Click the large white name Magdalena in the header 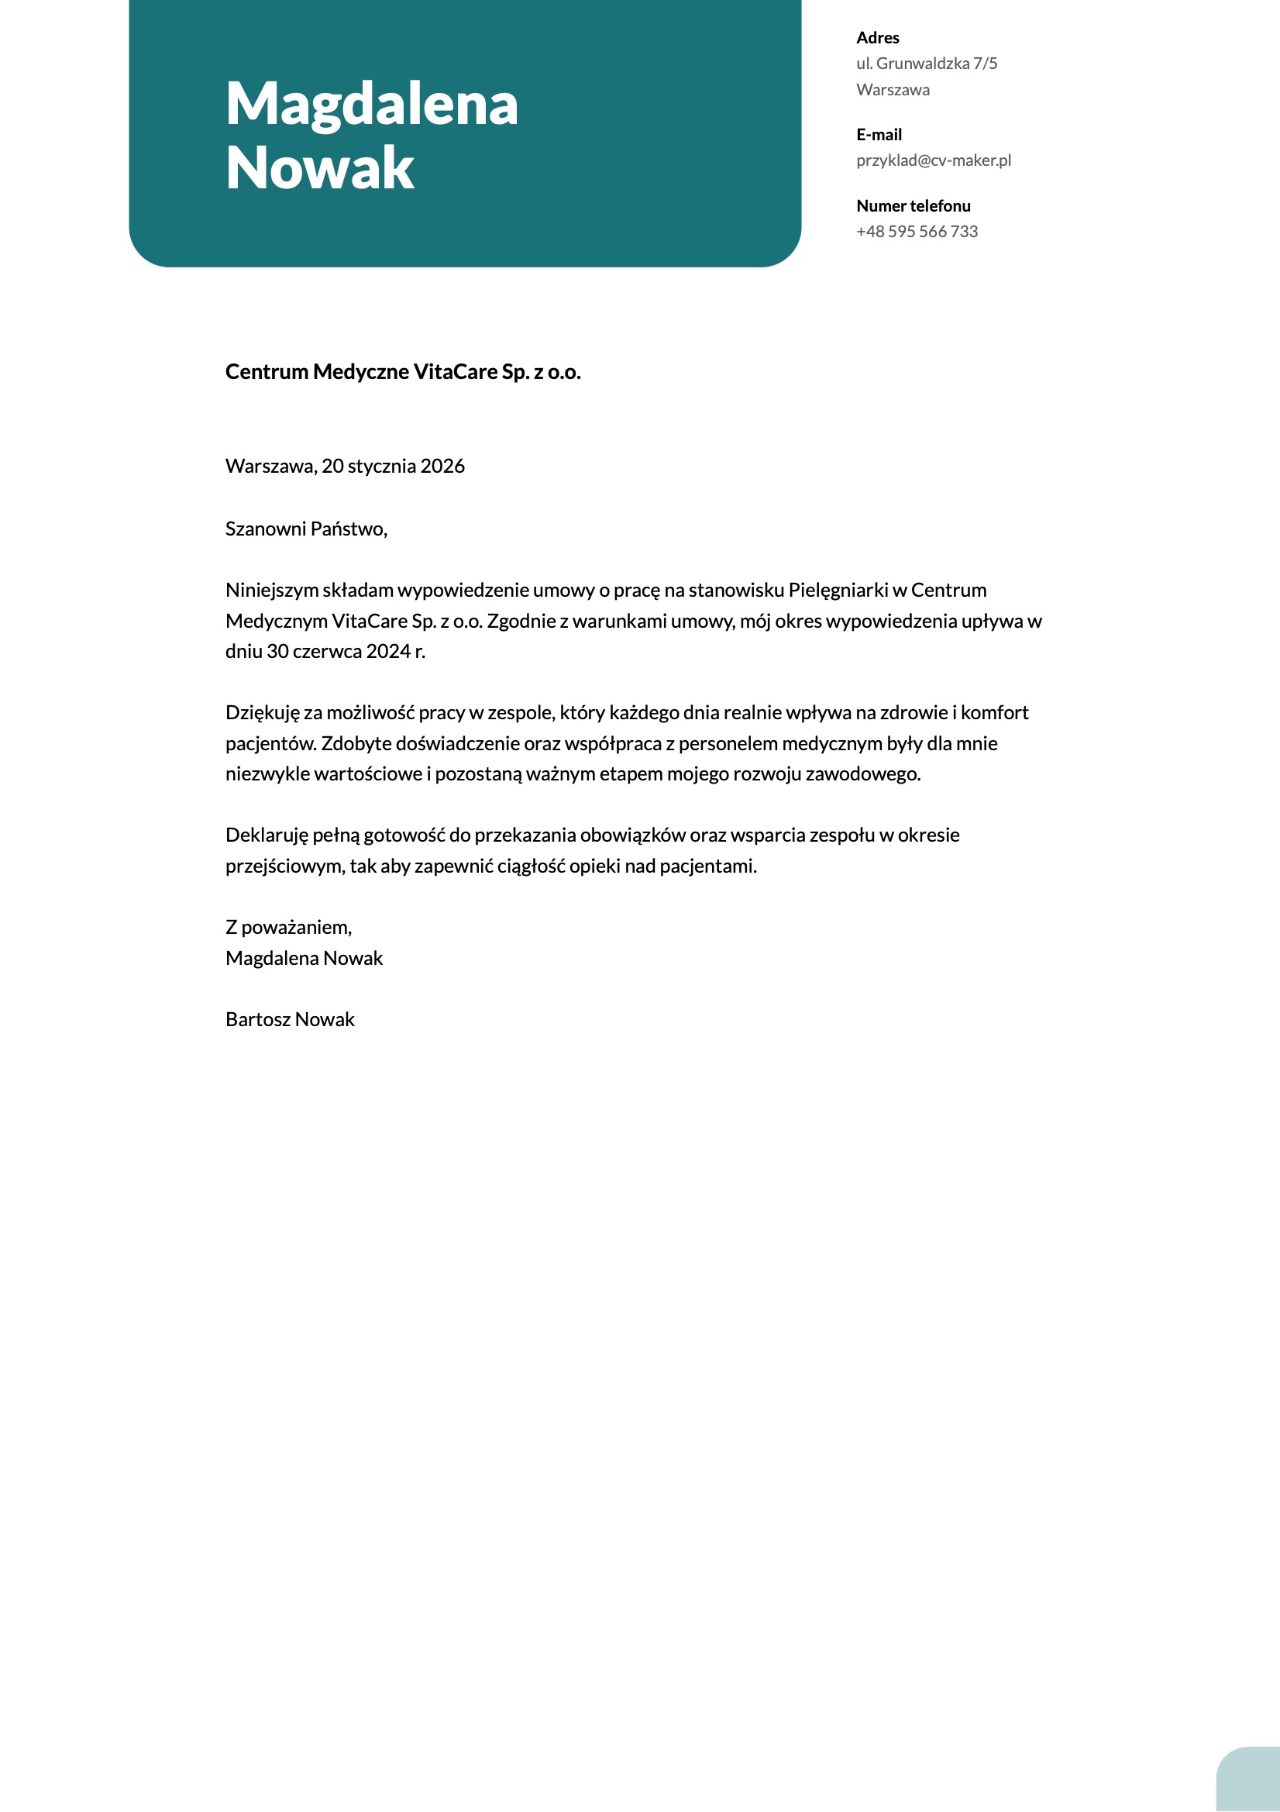372,104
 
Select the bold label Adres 878,38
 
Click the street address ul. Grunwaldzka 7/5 927,64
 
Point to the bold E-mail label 879,135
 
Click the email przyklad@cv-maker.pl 933,161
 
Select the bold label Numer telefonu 913,206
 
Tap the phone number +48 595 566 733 916,232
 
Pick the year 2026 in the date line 442,467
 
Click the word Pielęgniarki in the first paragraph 838,591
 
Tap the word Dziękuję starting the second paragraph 263,714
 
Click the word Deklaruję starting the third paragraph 267,835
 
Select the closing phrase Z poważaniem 288,927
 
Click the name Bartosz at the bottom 258,1020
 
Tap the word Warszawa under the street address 893,90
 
